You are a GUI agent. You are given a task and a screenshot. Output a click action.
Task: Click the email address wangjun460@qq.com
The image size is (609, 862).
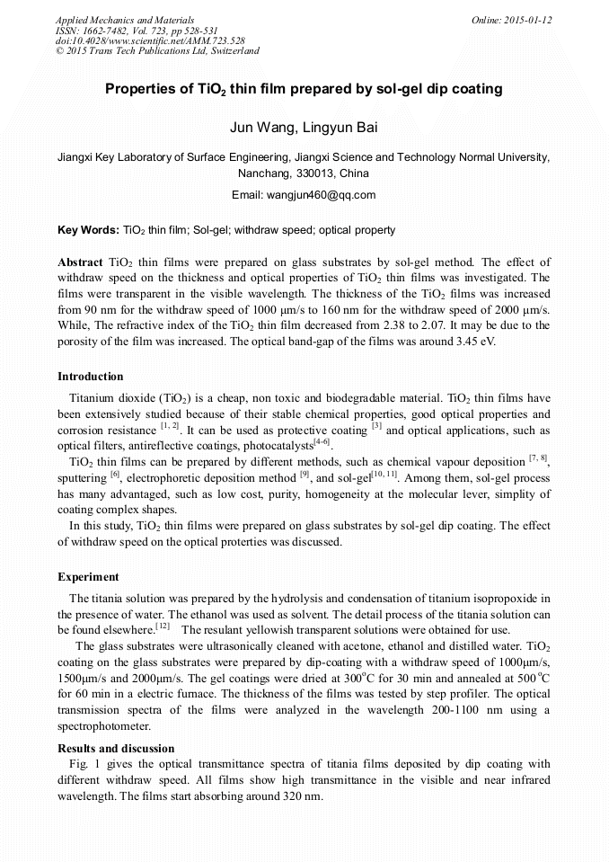[x=304, y=195]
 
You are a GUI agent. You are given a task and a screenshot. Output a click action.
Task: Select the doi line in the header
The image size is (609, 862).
[x=150, y=40]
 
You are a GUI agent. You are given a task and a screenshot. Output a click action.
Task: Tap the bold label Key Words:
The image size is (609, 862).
[x=88, y=230]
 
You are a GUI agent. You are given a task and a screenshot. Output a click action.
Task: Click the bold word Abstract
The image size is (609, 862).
[x=80, y=262]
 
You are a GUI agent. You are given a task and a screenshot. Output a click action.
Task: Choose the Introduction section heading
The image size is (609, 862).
[x=91, y=377]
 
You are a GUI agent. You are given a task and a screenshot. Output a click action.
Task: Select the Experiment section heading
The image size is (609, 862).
[x=88, y=576]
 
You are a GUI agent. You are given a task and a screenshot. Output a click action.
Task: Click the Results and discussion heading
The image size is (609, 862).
[x=116, y=748]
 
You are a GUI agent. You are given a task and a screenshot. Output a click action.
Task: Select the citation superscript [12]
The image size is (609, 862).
[x=163, y=626]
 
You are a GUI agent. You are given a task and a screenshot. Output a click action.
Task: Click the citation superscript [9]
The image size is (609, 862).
[x=304, y=474]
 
